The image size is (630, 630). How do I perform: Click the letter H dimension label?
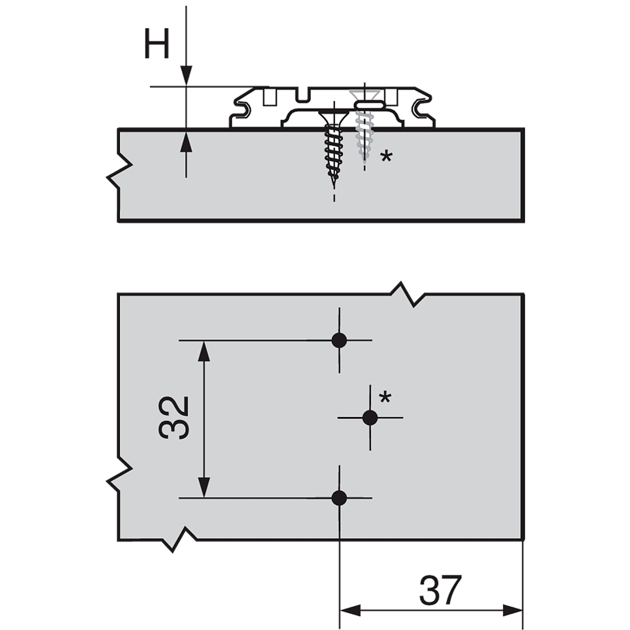(x=157, y=43)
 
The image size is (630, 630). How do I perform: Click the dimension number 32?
(x=174, y=418)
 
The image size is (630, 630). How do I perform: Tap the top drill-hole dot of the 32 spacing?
(x=339, y=341)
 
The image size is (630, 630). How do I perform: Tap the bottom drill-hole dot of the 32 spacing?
(x=339, y=498)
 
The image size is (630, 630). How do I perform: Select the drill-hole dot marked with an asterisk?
(x=370, y=417)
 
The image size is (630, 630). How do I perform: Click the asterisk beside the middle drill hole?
(x=385, y=398)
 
